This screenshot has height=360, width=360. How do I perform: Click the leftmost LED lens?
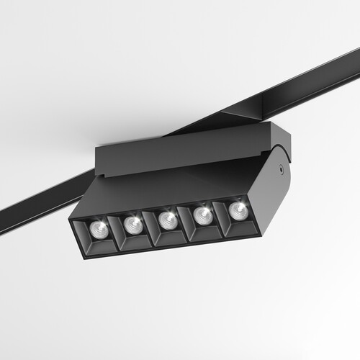click(99, 229)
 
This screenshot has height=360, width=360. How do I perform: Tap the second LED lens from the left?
click(132, 225)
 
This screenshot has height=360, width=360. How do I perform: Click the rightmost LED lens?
click(237, 210)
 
